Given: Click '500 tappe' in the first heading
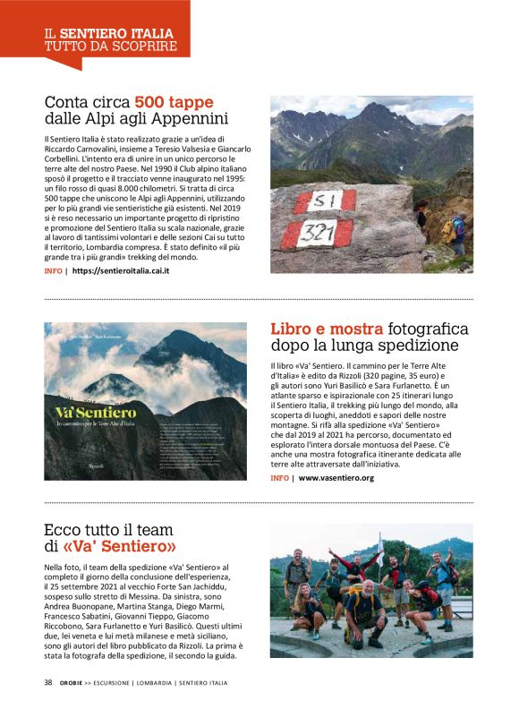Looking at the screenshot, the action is pos(174,102).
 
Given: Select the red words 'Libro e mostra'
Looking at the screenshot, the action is pos(327,329).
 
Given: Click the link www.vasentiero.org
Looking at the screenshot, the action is pos(336,478).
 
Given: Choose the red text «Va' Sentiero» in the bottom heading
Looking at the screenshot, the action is pos(119,545).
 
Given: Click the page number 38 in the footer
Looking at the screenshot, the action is pos(48,683).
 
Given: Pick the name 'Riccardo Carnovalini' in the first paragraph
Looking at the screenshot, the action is pos(83,148).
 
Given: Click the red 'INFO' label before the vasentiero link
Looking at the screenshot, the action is pos(279,478).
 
